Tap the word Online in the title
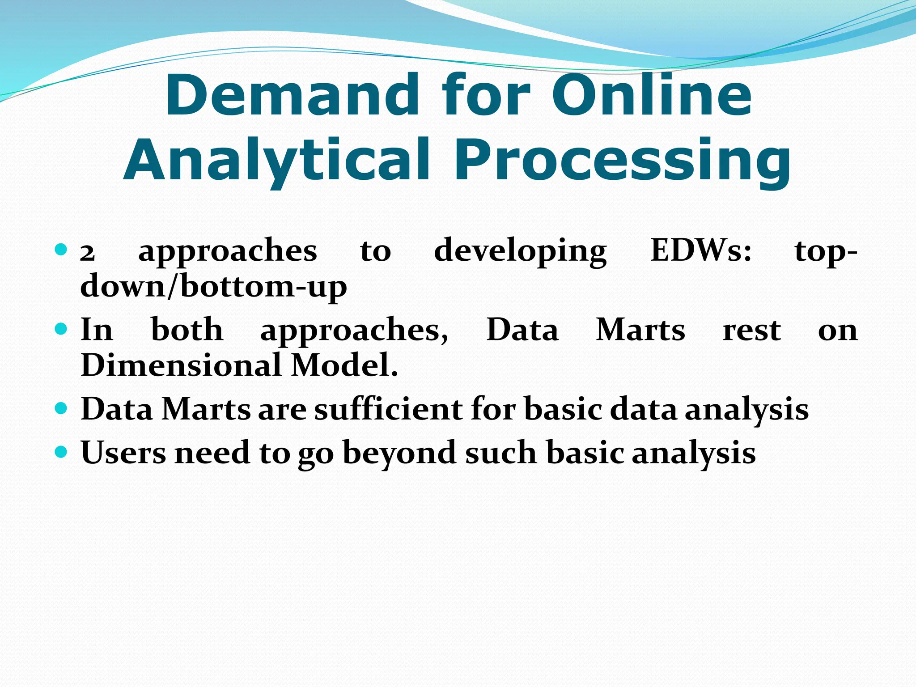[652, 95]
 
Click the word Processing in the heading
[622, 161]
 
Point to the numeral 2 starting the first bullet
[88, 253]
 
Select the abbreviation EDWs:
[701, 250]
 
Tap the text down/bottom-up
[213, 287]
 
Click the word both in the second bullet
[187, 330]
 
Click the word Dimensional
[181, 365]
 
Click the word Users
[123, 453]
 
